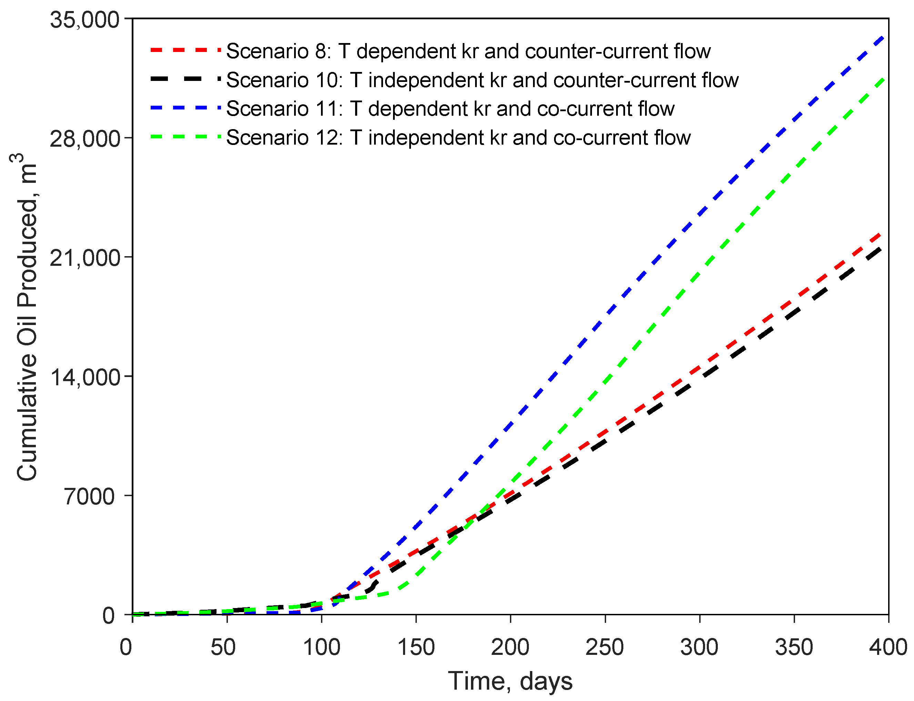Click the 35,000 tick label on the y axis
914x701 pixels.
(x=85, y=20)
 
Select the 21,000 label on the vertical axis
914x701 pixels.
(x=85, y=258)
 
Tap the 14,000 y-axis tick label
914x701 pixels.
(x=85, y=377)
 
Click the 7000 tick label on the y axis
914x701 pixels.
(x=89, y=496)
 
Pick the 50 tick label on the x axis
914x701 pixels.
(x=223, y=648)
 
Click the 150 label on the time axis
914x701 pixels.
(x=416, y=648)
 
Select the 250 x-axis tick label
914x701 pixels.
(x=604, y=648)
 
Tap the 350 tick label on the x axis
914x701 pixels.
(x=794, y=648)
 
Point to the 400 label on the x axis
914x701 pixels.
(x=888, y=648)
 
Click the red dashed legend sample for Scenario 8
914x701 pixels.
(x=185, y=50)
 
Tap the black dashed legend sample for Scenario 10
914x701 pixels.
(x=185, y=79)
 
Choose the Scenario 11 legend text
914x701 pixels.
(x=450, y=108)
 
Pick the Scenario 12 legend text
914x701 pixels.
(x=458, y=137)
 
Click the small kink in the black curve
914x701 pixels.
(x=374, y=584)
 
